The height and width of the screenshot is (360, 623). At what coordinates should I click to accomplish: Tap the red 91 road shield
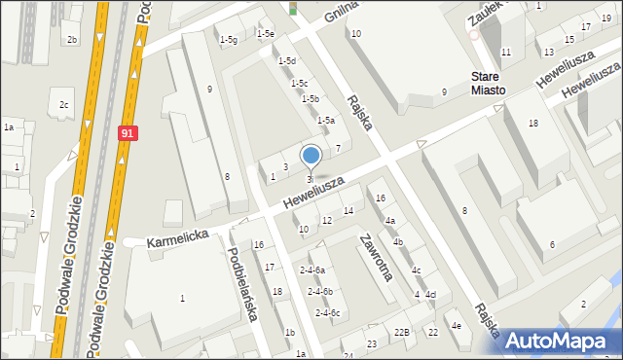click(128, 133)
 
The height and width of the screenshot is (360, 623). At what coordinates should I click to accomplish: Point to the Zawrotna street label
click(375, 257)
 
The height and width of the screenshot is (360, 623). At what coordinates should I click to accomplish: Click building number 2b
click(71, 39)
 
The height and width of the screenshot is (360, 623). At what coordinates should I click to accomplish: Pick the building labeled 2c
click(64, 104)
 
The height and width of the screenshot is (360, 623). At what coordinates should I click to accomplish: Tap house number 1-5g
click(228, 39)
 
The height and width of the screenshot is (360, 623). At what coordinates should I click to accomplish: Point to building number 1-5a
click(327, 120)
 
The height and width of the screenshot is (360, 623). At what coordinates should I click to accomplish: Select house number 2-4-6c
click(327, 312)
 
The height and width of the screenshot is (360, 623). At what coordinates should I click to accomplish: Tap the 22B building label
click(402, 333)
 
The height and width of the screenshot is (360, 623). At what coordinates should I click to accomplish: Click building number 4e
click(456, 325)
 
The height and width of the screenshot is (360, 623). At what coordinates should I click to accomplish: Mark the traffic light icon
click(292, 9)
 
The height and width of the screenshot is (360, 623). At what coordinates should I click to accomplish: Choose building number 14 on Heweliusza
click(348, 211)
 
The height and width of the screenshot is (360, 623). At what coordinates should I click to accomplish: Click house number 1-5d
click(286, 61)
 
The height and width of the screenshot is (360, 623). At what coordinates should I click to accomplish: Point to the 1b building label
click(290, 333)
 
